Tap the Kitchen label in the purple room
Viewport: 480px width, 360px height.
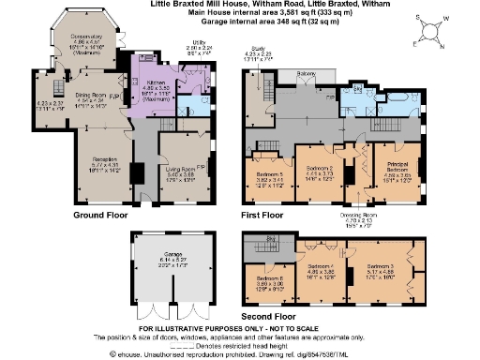152,58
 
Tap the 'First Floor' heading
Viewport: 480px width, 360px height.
263,215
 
